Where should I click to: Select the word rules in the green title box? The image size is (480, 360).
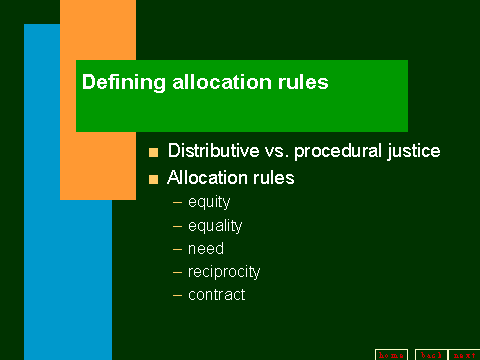pos(302,83)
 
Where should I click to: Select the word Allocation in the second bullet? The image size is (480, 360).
pos(208,179)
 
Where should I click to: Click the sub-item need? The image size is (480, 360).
pos(206,249)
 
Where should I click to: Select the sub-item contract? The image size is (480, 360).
pos(216,295)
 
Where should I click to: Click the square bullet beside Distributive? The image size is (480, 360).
pos(153,153)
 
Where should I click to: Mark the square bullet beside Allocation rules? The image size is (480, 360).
pos(153,180)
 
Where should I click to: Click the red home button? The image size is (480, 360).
pos(391,353)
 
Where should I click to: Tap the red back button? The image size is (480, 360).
pos(429,353)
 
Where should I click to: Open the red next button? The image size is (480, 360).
pos(463,353)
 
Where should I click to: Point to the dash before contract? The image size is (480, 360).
pos(178,295)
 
